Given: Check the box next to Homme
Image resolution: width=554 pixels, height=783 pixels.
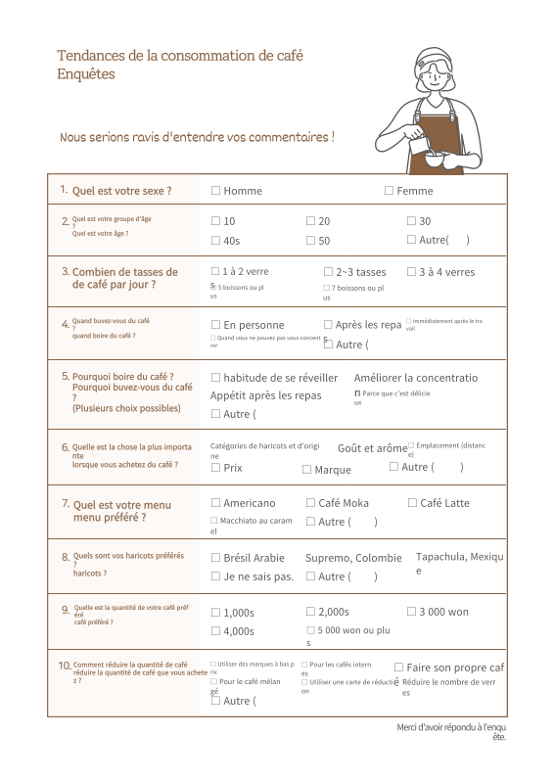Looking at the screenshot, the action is point(215,191).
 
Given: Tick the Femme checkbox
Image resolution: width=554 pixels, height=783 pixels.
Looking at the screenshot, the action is point(389,191).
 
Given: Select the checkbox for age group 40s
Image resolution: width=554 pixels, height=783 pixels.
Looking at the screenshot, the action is point(215,241).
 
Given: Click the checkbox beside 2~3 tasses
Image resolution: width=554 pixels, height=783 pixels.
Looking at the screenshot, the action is point(328,272).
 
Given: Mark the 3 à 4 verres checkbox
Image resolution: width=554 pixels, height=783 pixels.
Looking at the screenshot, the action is point(411,272).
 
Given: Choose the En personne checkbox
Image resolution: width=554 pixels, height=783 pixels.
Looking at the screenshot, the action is point(215,324).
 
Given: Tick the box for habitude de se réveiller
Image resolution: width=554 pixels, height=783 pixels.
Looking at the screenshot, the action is point(215,377).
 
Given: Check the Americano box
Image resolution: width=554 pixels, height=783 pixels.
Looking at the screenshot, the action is point(215,503).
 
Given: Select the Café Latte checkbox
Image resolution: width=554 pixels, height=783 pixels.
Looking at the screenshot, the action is point(412,503).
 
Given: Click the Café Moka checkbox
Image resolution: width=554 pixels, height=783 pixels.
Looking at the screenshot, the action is point(310,503).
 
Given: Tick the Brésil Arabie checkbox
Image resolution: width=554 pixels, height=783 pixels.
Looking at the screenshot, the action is point(215,558).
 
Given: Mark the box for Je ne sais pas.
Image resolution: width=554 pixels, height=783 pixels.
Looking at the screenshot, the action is point(215,576).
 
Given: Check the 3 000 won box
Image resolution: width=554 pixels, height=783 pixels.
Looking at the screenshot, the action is point(411,612).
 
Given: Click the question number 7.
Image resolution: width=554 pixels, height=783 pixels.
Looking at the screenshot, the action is point(66,503).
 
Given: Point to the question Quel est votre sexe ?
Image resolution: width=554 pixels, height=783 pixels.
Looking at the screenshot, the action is point(121,191).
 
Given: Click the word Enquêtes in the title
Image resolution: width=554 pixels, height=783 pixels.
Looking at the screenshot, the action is point(86,74).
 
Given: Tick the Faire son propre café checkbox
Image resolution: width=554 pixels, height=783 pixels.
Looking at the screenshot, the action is point(398,668).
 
